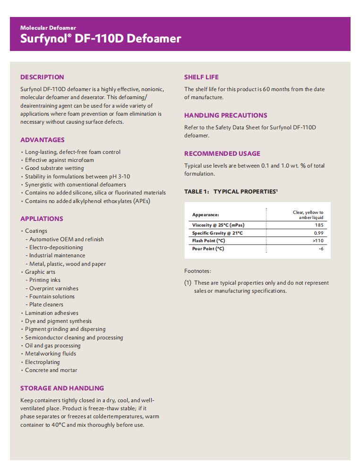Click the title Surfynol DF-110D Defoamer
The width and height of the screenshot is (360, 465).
tap(101, 39)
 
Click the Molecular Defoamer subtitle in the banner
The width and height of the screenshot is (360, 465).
tap(48, 28)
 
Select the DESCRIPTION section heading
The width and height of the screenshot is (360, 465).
tap(42, 77)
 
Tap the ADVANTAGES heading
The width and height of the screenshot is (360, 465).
tap(43, 140)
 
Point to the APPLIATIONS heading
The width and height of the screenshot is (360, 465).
tap(42, 219)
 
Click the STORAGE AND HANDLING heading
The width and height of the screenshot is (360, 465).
tap(62, 388)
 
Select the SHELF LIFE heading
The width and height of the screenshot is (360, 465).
tap(201, 77)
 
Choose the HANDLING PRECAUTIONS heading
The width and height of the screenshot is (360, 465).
tap(225, 115)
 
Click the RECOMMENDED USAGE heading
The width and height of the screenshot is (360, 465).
tap(222, 153)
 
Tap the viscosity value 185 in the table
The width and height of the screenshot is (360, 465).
tap(319, 225)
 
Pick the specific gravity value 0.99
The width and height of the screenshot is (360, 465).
tap(318, 233)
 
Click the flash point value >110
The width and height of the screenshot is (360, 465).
tap(318, 241)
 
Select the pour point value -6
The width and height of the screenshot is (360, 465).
tap(321, 249)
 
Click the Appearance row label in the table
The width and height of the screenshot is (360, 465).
tap(206, 215)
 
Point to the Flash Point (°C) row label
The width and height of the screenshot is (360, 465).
tap(208, 241)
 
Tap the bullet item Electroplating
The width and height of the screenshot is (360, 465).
tap(42, 362)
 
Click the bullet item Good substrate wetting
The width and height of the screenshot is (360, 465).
tap(54, 168)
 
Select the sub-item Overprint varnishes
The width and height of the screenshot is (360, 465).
tap(54, 288)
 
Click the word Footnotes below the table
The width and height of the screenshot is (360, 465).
tap(197, 271)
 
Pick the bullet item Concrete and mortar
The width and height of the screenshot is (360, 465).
tap(51, 370)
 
